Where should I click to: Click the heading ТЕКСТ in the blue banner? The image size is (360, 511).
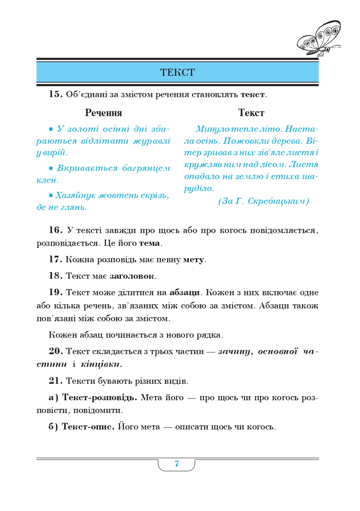(x=177, y=73)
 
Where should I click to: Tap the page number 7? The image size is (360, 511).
(x=177, y=464)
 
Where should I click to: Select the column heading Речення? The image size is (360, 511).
(x=103, y=113)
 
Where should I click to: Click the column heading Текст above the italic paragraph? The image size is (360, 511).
(x=251, y=113)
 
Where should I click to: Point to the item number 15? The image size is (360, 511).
(x=55, y=94)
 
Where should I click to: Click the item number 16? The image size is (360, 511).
(x=55, y=230)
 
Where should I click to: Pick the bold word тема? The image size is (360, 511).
(x=150, y=243)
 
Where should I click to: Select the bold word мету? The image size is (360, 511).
(x=193, y=260)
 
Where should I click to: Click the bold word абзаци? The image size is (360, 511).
(x=184, y=293)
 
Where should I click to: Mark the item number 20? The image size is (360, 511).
(x=55, y=351)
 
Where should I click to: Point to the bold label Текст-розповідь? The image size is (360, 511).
(x=99, y=398)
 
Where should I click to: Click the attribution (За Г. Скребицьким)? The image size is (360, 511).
(x=263, y=201)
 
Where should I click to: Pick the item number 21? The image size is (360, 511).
(x=55, y=381)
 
